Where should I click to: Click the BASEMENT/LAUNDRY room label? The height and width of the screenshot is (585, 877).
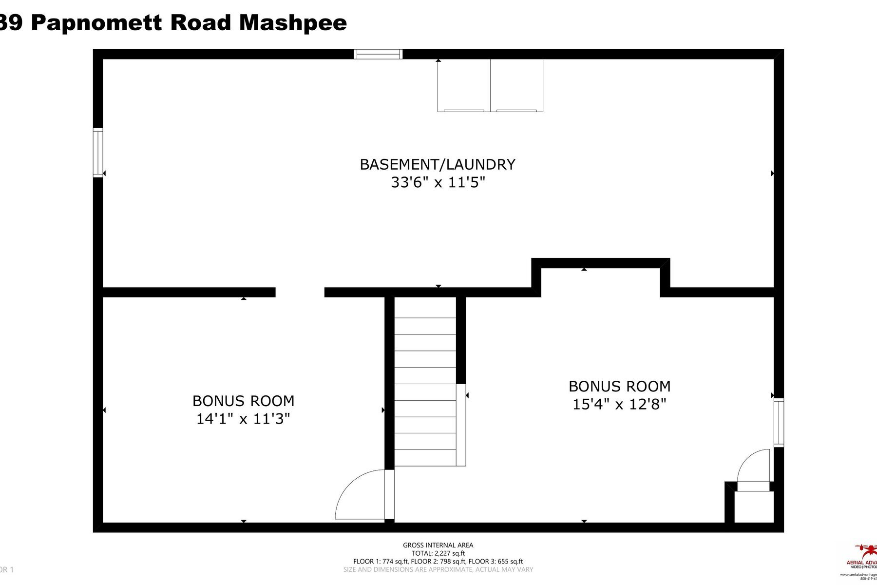pos(437,164)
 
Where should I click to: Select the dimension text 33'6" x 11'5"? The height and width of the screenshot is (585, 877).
pos(438,183)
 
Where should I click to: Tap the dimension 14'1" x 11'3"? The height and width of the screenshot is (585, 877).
pos(243,419)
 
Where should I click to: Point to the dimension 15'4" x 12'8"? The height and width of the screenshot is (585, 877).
pos(619,404)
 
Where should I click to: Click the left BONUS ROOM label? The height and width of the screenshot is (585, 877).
pos(243,401)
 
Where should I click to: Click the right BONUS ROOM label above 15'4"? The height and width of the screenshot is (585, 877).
pos(619,386)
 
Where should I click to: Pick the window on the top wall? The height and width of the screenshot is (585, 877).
pos(378,54)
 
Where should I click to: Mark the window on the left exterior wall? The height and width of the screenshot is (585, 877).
pos(98,153)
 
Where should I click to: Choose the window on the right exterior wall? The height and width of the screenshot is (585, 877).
pos(779,422)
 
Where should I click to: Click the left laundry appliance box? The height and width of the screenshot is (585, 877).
pos(464,86)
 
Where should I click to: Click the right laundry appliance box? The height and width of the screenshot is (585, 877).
pos(516,86)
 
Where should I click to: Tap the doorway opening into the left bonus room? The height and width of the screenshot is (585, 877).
pos(300,292)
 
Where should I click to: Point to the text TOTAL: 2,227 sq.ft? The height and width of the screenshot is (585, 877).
pos(438,553)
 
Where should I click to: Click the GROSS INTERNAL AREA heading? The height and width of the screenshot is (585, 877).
pos(438,545)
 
